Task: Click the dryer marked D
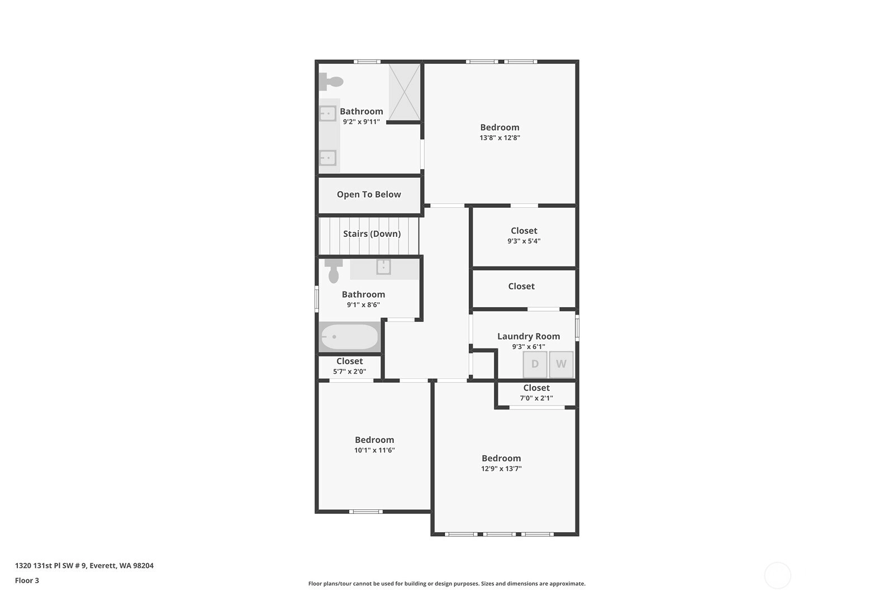point(535,364)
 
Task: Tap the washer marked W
point(561,364)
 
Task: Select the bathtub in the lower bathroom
point(350,337)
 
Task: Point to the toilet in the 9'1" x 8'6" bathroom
point(334,271)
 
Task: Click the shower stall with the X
point(405,92)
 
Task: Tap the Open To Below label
point(369,194)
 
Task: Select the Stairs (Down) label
point(372,234)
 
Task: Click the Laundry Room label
point(529,336)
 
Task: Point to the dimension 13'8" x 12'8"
point(500,137)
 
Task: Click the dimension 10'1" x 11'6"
point(374,450)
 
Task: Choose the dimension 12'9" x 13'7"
point(501,468)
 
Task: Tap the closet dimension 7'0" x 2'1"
point(536,398)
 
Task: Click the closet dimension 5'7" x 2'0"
point(350,371)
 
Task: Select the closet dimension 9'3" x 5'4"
point(524,241)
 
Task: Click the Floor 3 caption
point(27,580)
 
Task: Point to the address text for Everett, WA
point(84,565)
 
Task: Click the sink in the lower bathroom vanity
point(383,267)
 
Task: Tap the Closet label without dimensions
point(521,286)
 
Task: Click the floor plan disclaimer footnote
point(447,584)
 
